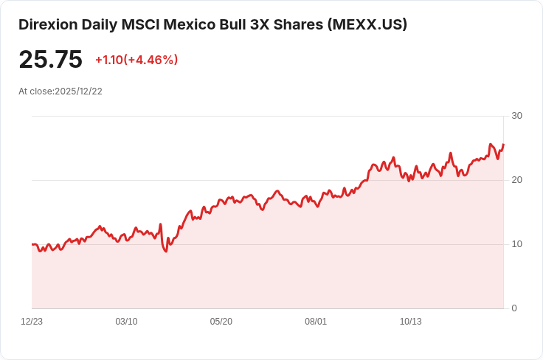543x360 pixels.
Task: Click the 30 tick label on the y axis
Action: tap(516, 116)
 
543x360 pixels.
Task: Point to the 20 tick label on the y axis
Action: tap(516, 180)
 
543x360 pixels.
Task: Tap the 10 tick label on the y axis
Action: tap(516, 244)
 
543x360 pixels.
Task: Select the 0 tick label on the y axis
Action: tap(514, 308)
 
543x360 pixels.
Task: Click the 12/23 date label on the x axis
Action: tap(32, 322)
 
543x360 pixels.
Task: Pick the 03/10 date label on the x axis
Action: tap(126, 322)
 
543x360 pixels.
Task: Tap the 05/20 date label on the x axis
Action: tap(221, 322)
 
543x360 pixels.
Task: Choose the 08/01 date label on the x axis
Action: tap(316, 322)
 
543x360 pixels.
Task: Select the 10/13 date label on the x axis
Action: tap(410, 322)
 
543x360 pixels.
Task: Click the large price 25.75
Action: tap(50, 60)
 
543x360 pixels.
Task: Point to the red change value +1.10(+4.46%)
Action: tap(136, 60)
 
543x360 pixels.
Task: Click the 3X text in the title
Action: tap(269, 24)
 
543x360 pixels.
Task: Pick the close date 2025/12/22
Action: tap(78, 91)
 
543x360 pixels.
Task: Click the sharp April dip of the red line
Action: tap(166, 251)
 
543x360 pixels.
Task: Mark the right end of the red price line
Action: tap(503, 145)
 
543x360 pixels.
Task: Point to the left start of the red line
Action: tap(32, 244)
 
